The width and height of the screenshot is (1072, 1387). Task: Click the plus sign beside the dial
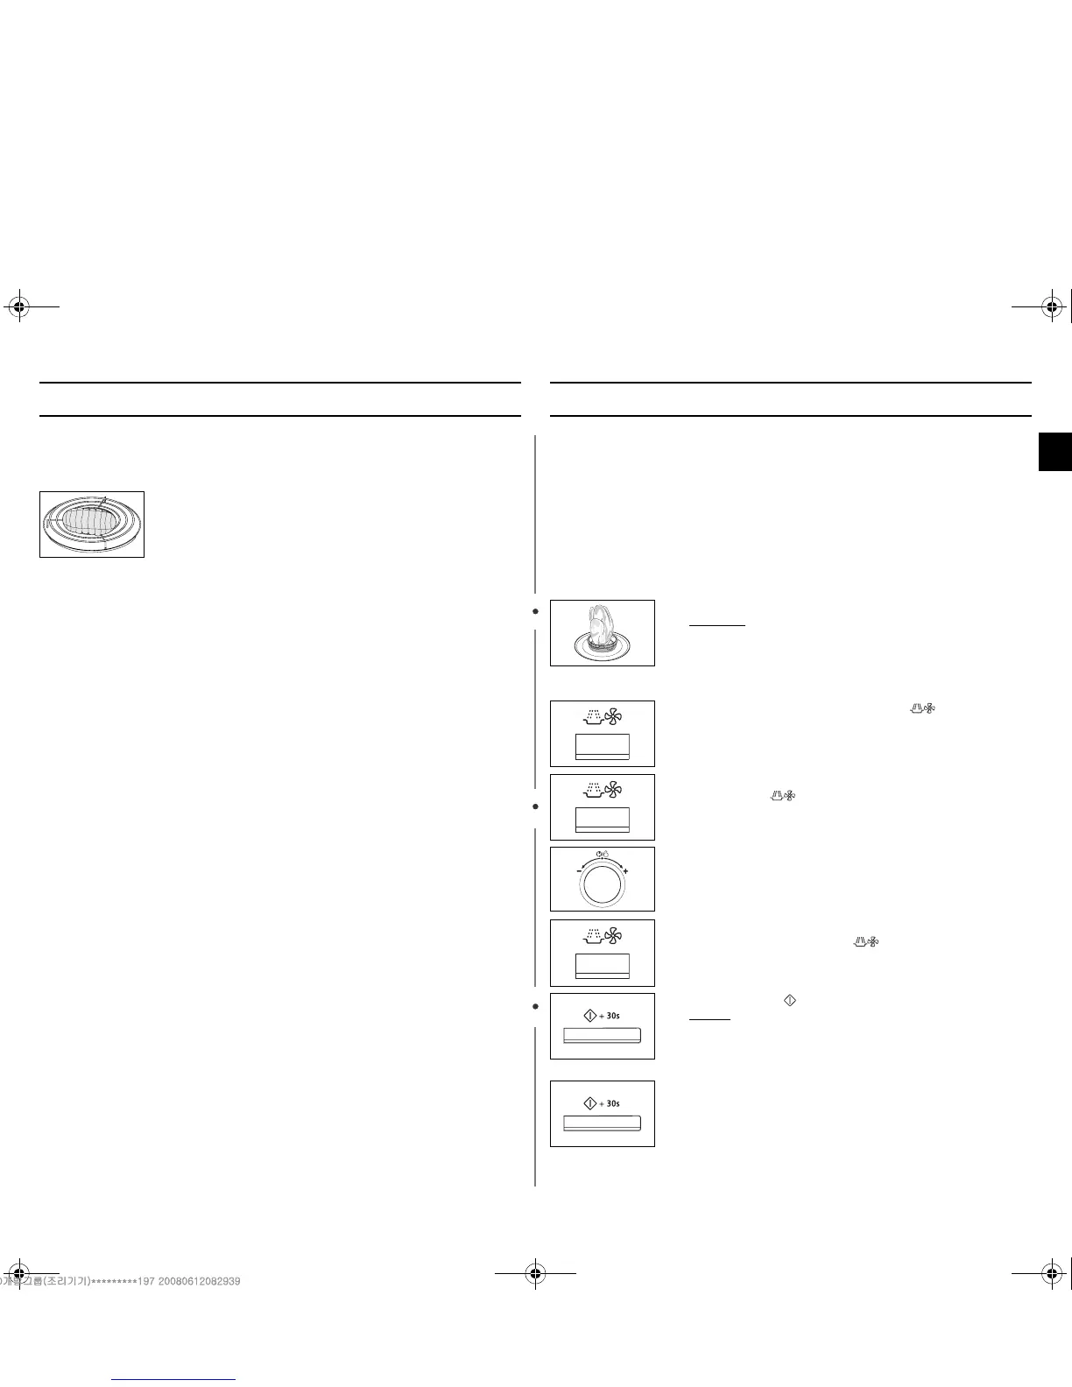625,872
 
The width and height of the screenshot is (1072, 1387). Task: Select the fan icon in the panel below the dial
613,938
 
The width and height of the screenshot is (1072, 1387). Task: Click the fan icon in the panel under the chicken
613,718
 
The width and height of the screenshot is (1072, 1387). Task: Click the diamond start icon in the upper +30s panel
589,1015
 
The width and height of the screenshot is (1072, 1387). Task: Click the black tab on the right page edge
1055,452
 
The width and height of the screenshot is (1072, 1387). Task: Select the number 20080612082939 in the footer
200,1281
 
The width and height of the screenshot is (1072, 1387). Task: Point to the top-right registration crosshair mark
1054,306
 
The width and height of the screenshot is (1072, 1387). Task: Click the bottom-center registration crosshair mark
535,1274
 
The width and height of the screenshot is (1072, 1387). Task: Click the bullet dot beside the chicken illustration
535,611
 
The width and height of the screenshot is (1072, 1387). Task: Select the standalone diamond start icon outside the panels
789,1000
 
